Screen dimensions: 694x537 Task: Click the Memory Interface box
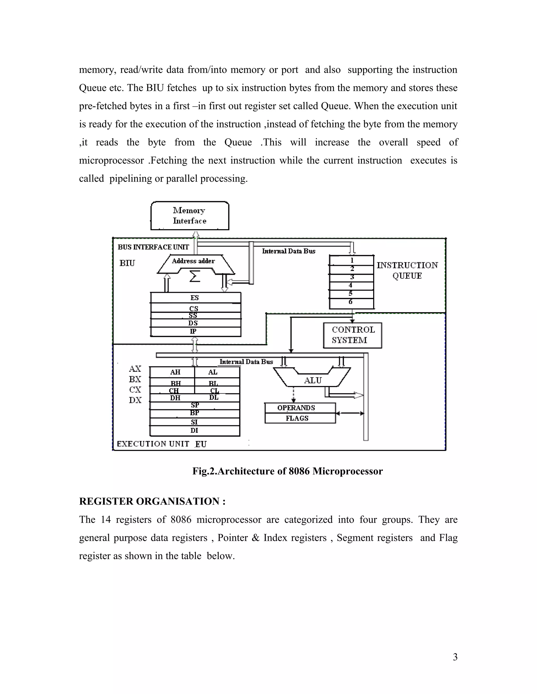(x=190, y=216)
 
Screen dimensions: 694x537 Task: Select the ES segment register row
(x=195, y=298)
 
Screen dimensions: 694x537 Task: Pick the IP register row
(x=195, y=332)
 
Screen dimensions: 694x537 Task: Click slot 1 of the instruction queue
(x=352, y=260)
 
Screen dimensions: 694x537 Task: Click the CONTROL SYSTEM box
(x=352, y=335)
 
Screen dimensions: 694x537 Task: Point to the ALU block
(x=312, y=380)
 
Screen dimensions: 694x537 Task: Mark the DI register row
(x=194, y=431)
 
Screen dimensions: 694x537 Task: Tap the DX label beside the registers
(x=135, y=400)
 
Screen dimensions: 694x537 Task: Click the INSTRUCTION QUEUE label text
(x=407, y=271)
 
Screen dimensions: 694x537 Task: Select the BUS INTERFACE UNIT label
(x=153, y=247)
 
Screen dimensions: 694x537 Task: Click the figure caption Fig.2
(x=287, y=471)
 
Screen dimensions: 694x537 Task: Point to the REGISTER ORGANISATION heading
(x=152, y=502)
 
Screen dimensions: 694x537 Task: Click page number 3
(x=455, y=657)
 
